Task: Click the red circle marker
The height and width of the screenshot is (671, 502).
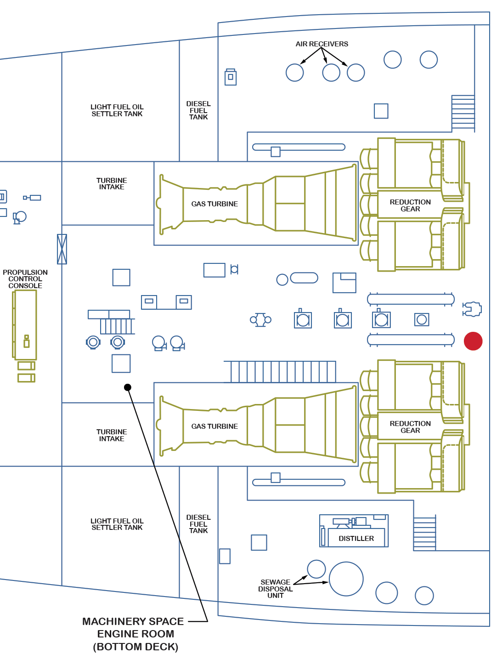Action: click(x=473, y=341)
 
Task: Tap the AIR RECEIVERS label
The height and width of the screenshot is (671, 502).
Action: click(x=322, y=44)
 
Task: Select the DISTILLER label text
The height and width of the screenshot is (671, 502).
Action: click(x=356, y=538)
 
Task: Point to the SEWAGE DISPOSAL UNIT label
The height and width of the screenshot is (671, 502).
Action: click(x=275, y=589)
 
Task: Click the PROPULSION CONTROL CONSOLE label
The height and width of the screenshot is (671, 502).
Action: click(x=25, y=279)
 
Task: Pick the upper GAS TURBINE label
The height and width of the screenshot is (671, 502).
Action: click(x=214, y=204)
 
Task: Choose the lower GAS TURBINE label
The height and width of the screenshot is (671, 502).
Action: click(x=214, y=426)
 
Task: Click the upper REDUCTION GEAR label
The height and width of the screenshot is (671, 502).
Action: click(x=410, y=205)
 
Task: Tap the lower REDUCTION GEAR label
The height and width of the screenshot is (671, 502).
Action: click(x=410, y=427)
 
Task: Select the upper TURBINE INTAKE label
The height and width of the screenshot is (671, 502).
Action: click(x=112, y=184)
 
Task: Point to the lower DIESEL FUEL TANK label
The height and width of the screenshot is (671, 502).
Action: click(x=198, y=524)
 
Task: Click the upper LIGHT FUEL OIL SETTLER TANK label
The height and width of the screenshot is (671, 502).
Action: click(x=117, y=110)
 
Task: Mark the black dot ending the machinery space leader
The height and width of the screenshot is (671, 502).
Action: click(x=128, y=387)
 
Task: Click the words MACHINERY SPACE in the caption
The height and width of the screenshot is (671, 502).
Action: click(x=133, y=621)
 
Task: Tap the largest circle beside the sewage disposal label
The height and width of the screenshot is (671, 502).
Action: click(x=346, y=579)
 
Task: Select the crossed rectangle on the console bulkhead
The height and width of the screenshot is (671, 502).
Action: click(x=62, y=249)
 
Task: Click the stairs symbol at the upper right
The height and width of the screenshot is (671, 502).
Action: click(x=463, y=113)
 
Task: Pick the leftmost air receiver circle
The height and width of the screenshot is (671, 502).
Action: click(x=295, y=73)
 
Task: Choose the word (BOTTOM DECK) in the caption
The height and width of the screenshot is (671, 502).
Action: click(x=135, y=647)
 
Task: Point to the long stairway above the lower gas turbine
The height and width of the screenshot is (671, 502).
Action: click(x=280, y=372)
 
